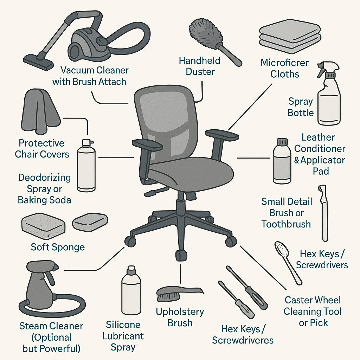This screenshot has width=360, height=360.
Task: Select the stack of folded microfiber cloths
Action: click(x=290, y=37)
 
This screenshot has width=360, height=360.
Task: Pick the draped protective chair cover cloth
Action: click(x=40, y=111)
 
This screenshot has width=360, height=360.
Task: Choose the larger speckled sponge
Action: click(x=43, y=223)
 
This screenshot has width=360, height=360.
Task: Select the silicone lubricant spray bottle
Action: click(x=131, y=290)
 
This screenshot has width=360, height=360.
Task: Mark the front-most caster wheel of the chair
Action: click(x=181, y=255)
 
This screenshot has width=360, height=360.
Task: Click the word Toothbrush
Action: click(x=286, y=224)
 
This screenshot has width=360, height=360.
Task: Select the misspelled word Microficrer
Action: click(x=284, y=63)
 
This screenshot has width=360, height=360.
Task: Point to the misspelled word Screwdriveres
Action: click(x=243, y=340)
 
